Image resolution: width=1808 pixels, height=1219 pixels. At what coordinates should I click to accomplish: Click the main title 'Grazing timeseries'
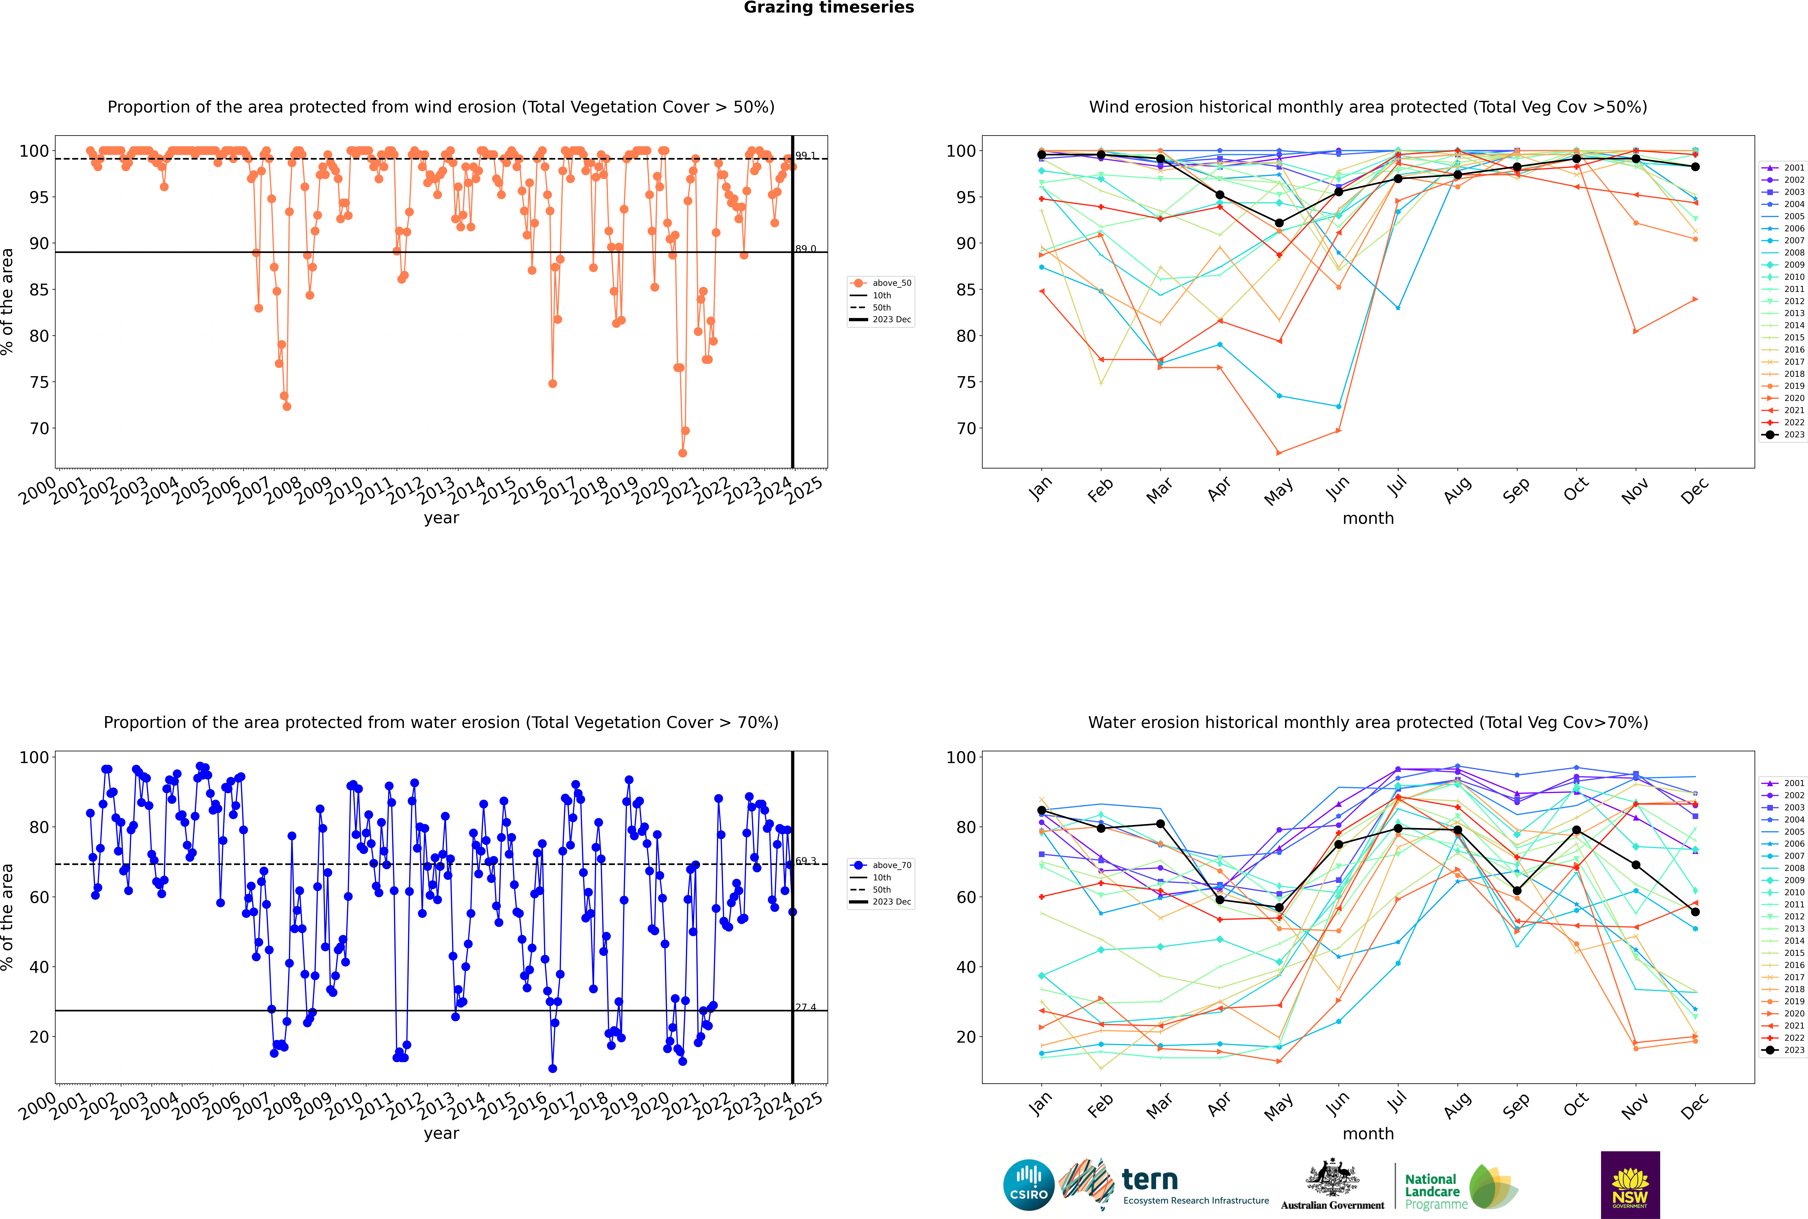coord(829,8)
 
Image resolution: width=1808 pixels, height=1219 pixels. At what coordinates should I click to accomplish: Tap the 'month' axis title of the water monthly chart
coord(1368,1134)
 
